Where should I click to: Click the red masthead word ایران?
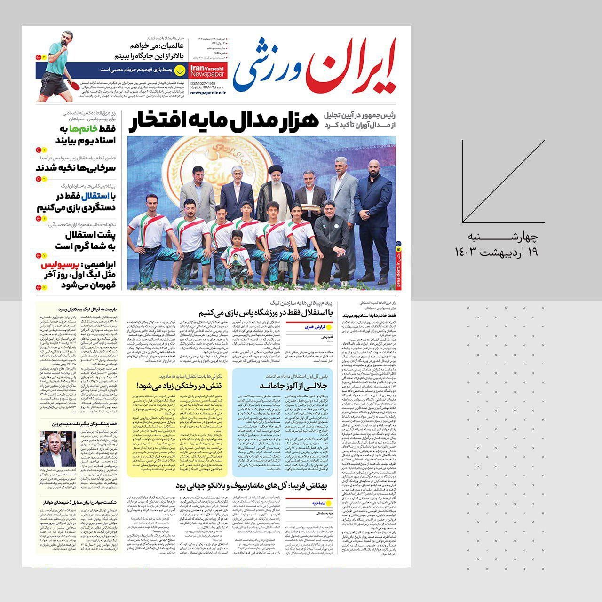click(350, 66)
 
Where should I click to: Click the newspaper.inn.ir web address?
click(208, 93)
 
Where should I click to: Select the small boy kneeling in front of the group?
click(237, 256)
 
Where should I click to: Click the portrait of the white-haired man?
click(57, 449)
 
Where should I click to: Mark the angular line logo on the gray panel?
click(503, 181)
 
